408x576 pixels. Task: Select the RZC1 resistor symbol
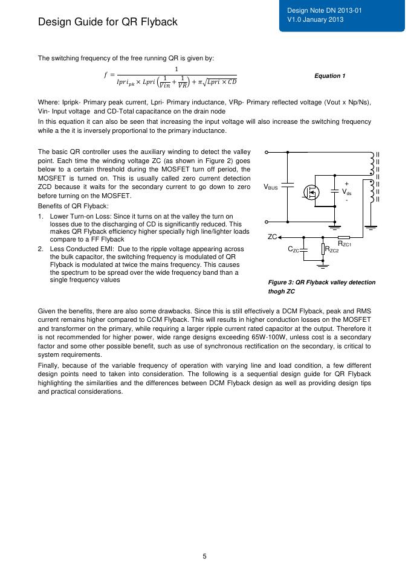344,237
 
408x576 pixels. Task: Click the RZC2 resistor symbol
322,249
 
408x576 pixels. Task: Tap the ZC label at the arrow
272,237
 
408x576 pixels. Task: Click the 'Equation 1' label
330,76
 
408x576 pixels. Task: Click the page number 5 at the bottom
204,556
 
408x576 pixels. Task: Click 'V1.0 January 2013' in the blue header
315,20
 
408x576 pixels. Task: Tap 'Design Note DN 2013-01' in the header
317,11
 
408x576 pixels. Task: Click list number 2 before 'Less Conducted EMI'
40,249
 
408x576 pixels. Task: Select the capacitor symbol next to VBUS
288,187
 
